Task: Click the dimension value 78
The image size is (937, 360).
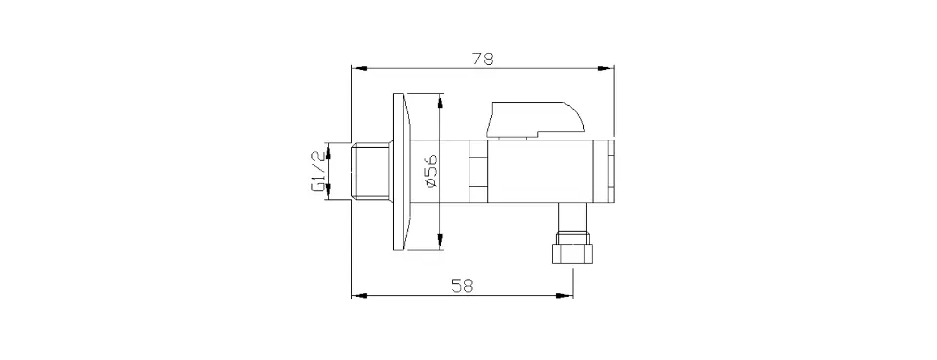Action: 483,60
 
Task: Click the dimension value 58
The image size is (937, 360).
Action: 462,286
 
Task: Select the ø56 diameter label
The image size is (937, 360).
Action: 432,172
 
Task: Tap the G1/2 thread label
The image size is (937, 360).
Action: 319,172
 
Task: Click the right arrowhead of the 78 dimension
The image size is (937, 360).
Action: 606,68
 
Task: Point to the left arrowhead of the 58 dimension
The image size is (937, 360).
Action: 360,295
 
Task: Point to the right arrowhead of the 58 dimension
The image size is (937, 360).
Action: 565,295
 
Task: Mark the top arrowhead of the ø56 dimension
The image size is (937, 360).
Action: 440,101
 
